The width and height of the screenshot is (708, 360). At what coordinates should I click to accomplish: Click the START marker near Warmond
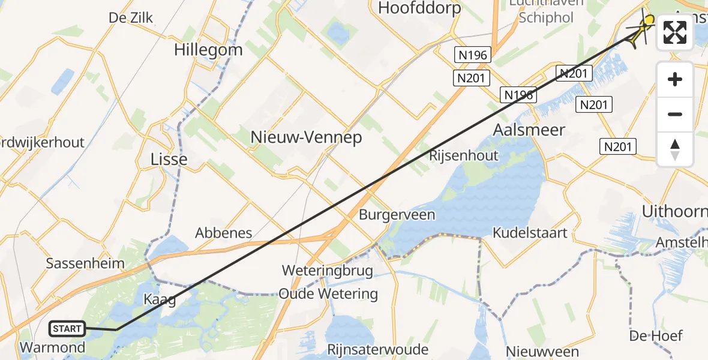click(67, 329)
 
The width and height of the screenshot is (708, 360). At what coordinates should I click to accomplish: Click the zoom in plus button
click(675, 80)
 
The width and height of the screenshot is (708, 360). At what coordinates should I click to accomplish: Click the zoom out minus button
click(675, 115)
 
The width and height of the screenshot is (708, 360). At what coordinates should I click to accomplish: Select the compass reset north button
click(675, 149)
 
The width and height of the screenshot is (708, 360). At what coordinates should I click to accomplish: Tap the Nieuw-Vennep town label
click(306, 138)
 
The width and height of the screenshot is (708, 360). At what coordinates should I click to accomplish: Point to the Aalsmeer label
click(529, 130)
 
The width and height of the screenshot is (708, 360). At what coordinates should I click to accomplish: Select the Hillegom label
click(208, 50)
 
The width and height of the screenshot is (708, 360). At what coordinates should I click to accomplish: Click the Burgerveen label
click(397, 215)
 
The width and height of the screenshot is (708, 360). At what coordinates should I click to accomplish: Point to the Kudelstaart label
click(530, 233)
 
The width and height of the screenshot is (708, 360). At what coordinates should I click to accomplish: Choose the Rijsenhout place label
click(464, 156)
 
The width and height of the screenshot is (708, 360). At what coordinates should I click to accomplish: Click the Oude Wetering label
click(328, 295)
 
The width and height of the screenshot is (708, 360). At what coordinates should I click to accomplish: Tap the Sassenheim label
click(86, 263)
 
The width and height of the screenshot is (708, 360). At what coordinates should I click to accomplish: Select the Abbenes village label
click(223, 233)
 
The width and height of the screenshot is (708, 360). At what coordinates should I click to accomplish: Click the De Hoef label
click(656, 335)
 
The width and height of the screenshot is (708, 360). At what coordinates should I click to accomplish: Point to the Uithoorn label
click(674, 212)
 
